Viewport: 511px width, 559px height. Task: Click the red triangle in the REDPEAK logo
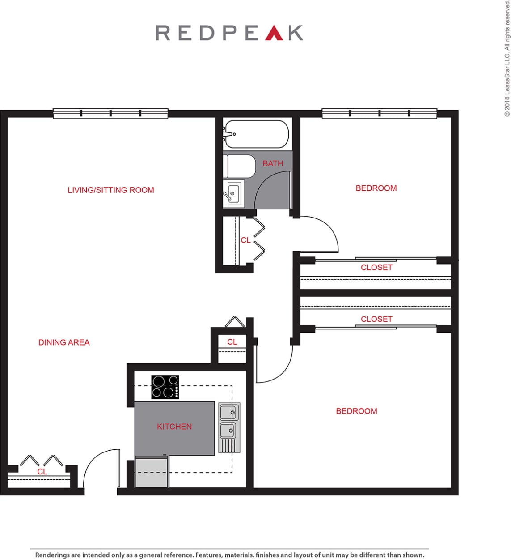274,33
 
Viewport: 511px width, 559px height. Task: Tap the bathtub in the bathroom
256,134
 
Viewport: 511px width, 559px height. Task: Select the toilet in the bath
239,166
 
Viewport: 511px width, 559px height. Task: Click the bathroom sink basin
233,193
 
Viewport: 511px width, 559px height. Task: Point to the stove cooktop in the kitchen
165,387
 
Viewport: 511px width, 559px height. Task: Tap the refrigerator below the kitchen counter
152,472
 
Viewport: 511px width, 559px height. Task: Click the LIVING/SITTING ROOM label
111,190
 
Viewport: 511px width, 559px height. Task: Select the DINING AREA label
64,342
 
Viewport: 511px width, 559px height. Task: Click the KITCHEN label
174,427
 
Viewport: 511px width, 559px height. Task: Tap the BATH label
273,164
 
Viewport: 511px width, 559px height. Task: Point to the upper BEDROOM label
376,188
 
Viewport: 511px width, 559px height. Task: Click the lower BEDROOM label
356,411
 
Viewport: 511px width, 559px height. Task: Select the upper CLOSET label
376,268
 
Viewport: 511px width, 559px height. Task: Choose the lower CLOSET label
376,319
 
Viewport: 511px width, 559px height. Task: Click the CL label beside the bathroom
245,240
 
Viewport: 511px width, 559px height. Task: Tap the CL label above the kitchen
232,342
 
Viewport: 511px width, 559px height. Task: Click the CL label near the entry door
42,472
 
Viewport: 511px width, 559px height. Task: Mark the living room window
110,114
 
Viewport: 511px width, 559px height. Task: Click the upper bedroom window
379,114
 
